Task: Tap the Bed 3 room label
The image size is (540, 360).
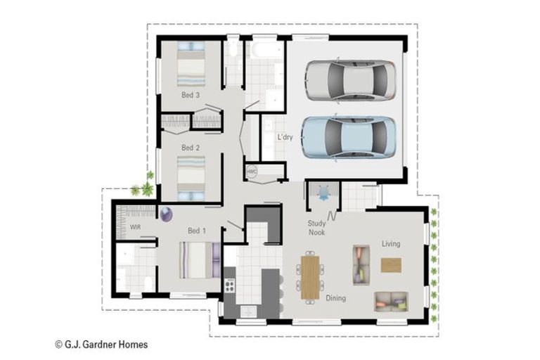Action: pos(191,95)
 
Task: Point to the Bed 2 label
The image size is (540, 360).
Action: pos(191,148)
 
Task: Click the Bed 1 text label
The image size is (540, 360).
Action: pos(197,231)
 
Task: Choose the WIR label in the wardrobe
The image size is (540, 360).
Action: pos(136,227)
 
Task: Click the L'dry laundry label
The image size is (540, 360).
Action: pos(284,137)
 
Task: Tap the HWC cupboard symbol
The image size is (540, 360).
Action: pos(251,172)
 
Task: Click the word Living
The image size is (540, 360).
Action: pos(391,244)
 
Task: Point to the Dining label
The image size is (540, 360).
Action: pos(335,298)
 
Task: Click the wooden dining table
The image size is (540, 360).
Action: pos(309,277)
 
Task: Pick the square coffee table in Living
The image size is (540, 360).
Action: pos(391,264)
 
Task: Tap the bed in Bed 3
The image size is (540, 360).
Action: pos(191,66)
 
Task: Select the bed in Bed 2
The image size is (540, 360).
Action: pos(191,176)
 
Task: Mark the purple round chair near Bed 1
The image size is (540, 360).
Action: pos(167,214)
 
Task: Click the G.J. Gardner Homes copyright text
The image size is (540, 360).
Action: pos(101,345)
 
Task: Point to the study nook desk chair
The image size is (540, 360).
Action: pos(323,192)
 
